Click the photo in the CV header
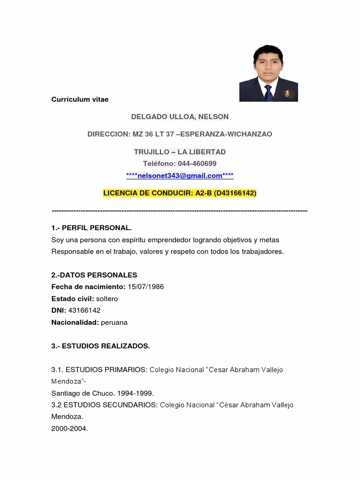point(268,73)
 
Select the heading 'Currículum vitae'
point(80,99)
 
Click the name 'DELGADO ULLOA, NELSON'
point(180,116)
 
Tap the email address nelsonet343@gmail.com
point(180,176)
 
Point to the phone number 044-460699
point(197,164)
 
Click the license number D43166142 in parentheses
point(235,193)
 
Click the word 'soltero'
point(107,299)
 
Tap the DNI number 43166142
point(84,310)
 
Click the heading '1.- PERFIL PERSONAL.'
point(91,228)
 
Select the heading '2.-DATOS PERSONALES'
point(94,275)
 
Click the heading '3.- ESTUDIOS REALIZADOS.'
point(100,346)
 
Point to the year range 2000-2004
point(69,428)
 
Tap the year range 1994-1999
point(135,393)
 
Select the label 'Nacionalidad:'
point(75,322)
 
